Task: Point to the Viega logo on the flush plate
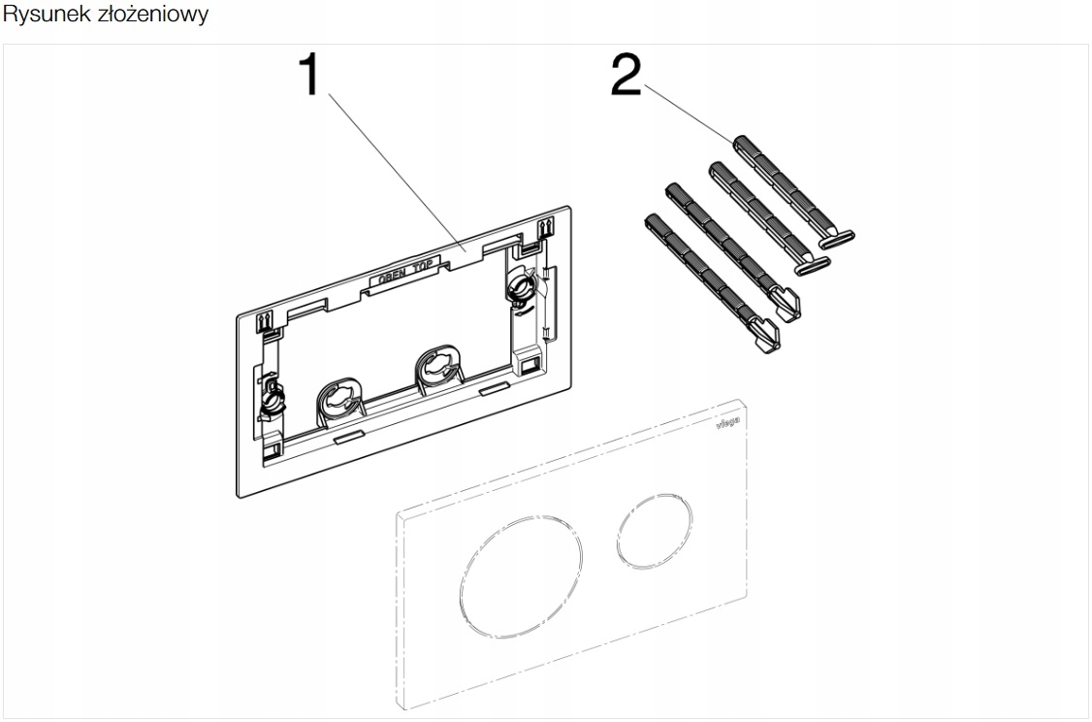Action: point(729,422)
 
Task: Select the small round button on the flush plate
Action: point(656,532)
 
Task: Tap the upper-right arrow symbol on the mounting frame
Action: point(546,229)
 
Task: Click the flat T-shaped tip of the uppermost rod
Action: point(837,237)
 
